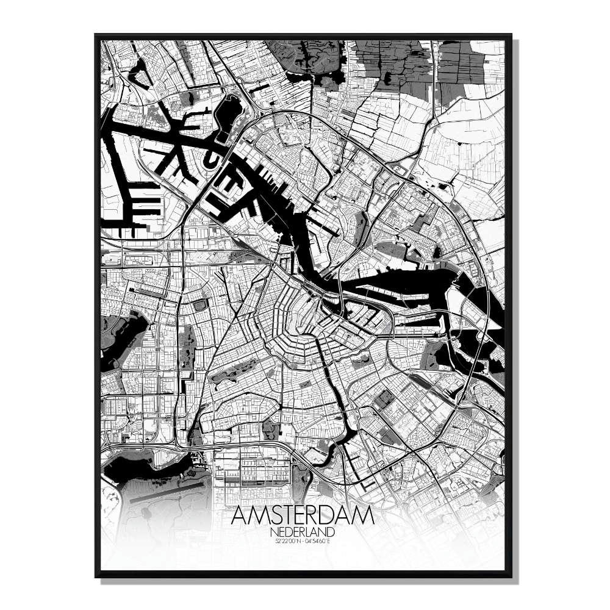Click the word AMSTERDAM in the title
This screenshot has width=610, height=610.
tap(303, 516)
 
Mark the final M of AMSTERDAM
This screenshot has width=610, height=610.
tap(364, 516)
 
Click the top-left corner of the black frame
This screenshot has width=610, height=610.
tap(96, 35)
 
